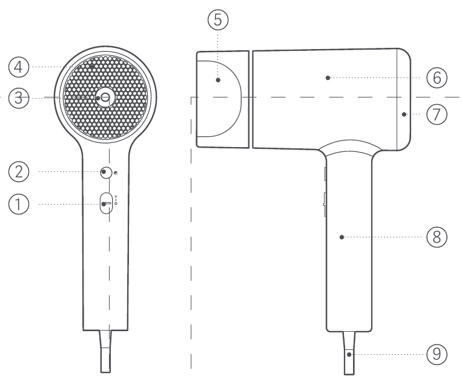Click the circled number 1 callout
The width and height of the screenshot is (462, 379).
point(19,204)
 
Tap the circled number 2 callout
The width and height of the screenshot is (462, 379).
point(19,171)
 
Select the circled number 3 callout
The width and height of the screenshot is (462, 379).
point(19,98)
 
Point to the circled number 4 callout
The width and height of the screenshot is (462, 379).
point(19,67)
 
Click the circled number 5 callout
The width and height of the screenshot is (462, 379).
point(218,20)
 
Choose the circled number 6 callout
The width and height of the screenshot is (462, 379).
point(437,78)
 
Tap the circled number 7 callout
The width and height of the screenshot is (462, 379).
point(437,114)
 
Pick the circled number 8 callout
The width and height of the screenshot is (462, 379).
point(437,237)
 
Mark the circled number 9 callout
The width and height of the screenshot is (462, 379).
point(437,354)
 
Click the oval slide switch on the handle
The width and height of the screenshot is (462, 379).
point(106,203)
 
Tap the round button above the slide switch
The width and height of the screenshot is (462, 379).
point(106,173)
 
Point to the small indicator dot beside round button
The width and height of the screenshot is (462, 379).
point(116,173)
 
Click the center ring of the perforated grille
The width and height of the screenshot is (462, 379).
point(105,97)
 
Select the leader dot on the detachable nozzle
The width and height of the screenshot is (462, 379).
point(218,80)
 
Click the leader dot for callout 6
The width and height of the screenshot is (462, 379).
point(328,78)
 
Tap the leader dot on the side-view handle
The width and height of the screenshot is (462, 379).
point(342,237)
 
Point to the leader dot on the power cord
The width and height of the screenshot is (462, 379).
point(349,355)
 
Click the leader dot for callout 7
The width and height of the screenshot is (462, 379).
point(404,114)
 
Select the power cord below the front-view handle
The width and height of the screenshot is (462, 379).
point(105,351)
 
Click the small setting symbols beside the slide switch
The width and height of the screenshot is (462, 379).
point(116,200)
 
